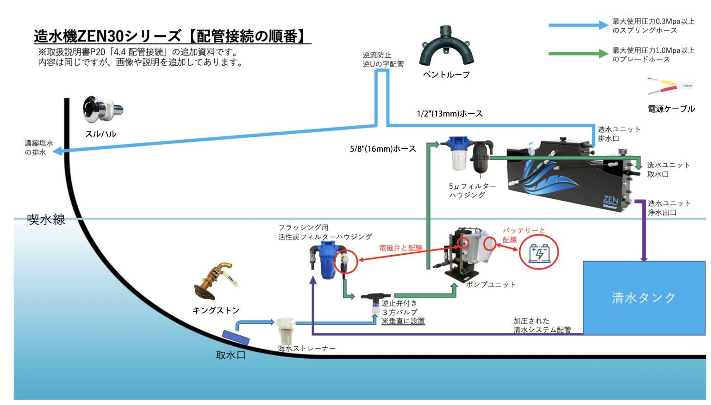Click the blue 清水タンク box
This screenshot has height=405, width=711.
[643, 298]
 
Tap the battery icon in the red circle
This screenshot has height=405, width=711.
[539, 252]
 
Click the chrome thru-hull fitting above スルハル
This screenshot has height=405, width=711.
[102, 109]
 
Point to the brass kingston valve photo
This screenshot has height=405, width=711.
[215, 282]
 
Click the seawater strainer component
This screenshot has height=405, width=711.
[285, 329]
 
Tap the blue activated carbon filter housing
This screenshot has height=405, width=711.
[327, 261]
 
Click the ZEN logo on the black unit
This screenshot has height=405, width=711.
[610, 201]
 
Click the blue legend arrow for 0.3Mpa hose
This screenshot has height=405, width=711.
[578, 25]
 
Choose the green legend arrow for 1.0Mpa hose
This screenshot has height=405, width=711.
[578, 54]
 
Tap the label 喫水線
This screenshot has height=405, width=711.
[46, 220]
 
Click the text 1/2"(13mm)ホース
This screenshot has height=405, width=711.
[449, 114]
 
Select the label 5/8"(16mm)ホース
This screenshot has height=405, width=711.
[383, 149]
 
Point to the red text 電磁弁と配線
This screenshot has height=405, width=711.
[400, 248]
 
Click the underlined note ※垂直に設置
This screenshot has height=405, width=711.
[403, 321]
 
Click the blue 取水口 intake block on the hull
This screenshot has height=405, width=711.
[236, 337]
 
